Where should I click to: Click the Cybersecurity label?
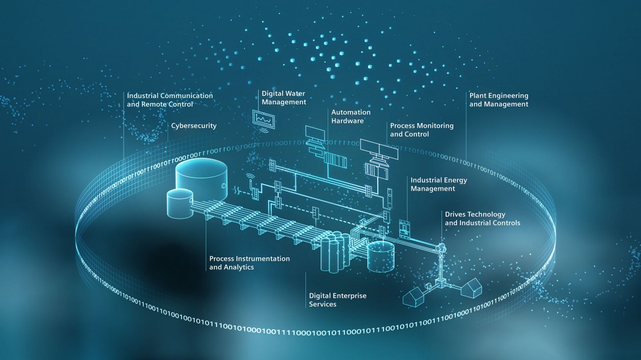pyautogui.click(x=194, y=126)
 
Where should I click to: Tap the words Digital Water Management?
pyautogui.click(x=284, y=97)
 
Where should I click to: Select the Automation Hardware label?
pyautogui.click(x=351, y=116)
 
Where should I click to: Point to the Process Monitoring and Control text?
pyautogui.click(x=422, y=130)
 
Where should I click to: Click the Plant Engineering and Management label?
pyautogui.click(x=499, y=100)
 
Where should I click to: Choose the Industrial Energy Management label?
pyautogui.click(x=439, y=184)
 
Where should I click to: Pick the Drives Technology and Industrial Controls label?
pyautogui.click(x=482, y=219)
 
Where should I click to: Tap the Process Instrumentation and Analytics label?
pyautogui.click(x=249, y=263)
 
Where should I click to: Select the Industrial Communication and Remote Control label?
pyautogui.click(x=170, y=100)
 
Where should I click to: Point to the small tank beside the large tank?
pyautogui.click(x=178, y=204)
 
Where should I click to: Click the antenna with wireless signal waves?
pyautogui.click(x=251, y=182)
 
